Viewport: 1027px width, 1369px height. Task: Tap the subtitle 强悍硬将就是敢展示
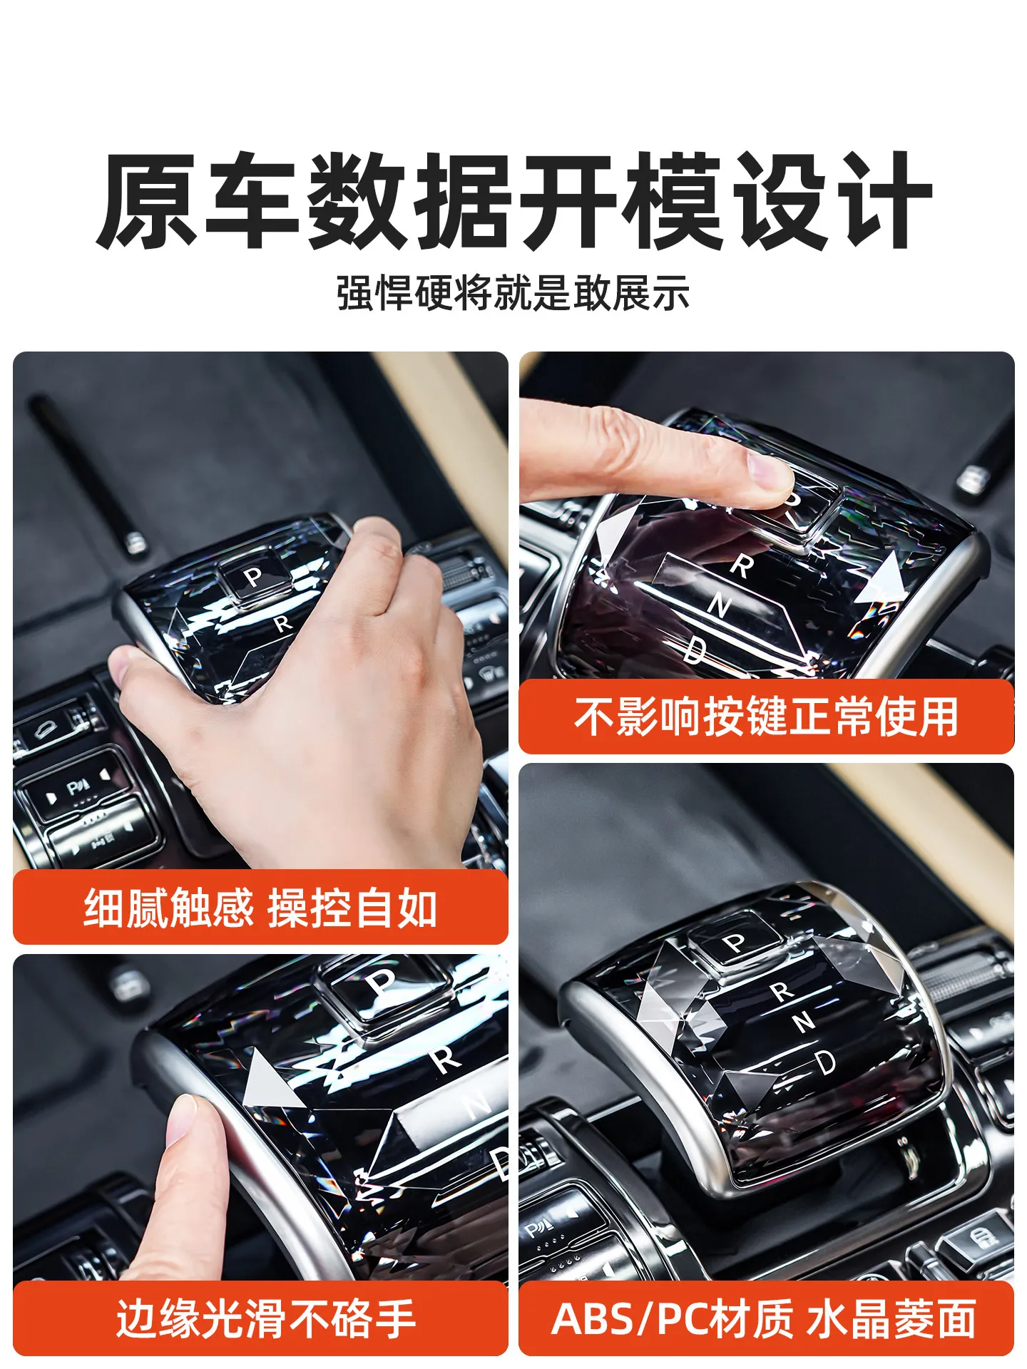click(513, 292)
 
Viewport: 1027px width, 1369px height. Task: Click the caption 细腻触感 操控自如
click(260, 908)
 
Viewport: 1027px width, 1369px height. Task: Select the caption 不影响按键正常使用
click(766, 717)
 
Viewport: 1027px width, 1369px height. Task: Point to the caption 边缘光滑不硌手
click(266, 1319)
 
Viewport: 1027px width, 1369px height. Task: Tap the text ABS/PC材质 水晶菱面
click(764, 1318)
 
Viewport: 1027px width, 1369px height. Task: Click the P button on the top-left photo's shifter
click(253, 576)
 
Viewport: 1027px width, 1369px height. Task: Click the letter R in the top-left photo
click(283, 624)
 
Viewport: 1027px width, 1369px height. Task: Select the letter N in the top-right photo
click(720, 606)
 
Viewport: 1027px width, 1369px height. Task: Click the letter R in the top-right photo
click(742, 566)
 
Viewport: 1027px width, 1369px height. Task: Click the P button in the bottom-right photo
click(735, 943)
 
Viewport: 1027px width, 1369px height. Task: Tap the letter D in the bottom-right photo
click(825, 1062)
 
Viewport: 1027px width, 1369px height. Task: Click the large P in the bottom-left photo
click(382, 985)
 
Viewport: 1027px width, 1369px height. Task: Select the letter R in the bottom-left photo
click(446, 1059)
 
